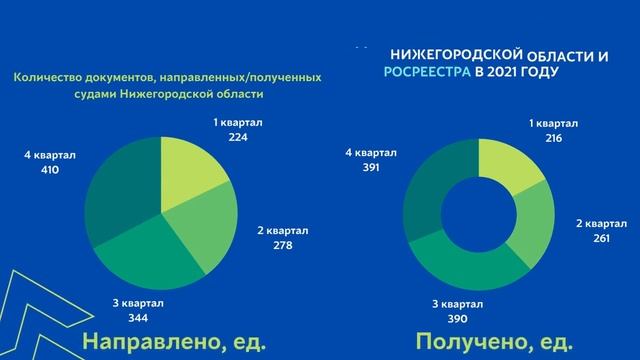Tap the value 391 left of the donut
(371, 170)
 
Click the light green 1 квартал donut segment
(504, 164)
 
